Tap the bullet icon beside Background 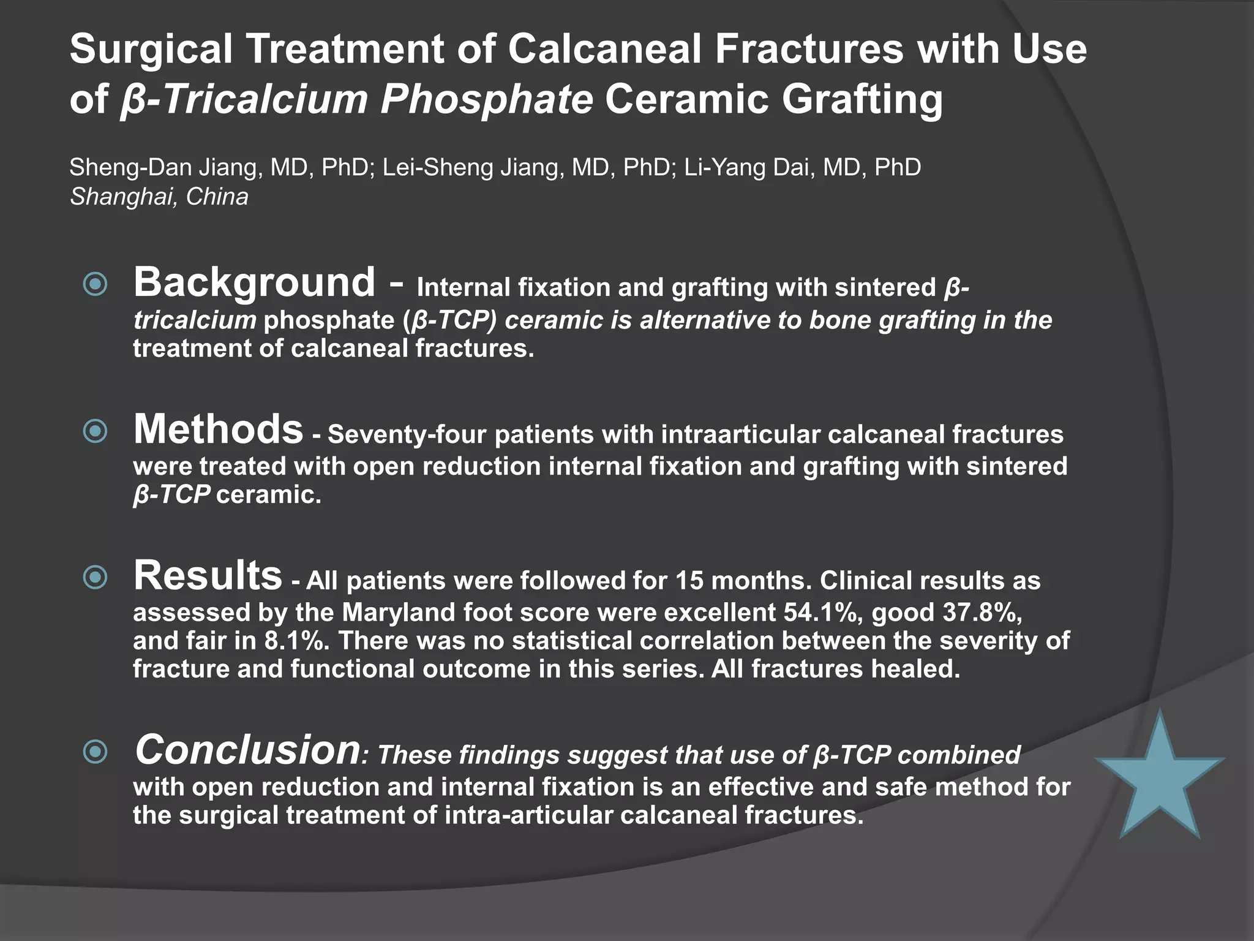(x=95, y=284)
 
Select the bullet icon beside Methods (x=95, y=431)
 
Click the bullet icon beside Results (x=95, y=577)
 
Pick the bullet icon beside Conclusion (x=95, y=752)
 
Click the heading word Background (x=254, y=282)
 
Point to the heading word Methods (x=219, y=429)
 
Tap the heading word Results (x=208, y=576)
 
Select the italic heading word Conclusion (x=247, y=750)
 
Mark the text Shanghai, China (x=159, y=197)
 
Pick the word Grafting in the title (x=863, y=99)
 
